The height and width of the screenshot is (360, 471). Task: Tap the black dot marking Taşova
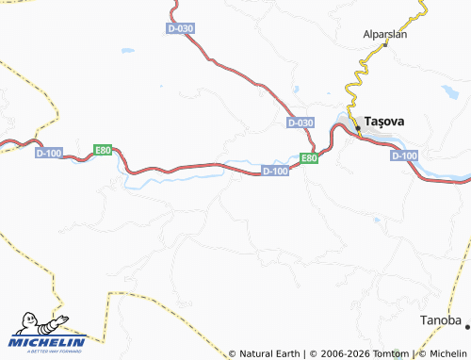click(x=358, y=126)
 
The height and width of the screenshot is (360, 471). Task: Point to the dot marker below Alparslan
click(x=383, y=47)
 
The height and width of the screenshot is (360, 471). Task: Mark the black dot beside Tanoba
click(x=467, y=325)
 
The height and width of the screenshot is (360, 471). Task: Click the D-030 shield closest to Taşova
click(x=300, y=123)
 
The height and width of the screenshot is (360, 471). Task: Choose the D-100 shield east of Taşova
click(x=403, y=155)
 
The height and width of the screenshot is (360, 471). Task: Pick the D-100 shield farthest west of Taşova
click(x=48, y=152)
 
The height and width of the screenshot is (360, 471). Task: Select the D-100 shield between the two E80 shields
click(x=274, y=171)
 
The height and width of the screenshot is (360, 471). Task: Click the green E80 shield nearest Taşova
click(x=309, y=158)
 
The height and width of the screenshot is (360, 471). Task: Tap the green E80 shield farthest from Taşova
click(x=103, y=150)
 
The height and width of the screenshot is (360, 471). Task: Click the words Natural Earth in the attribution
click(x=268, y=353)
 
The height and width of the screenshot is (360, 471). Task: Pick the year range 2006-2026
click(x=339, y=353)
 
